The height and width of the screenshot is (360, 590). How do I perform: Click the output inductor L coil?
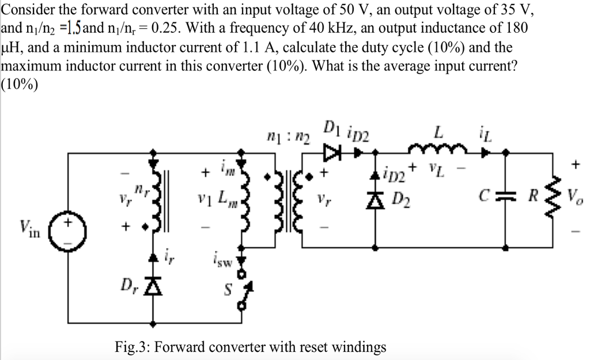pyautogui.click(x=438, y=151)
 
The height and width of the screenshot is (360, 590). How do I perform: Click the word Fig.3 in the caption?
pyautogui.click(x=131, y=347)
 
